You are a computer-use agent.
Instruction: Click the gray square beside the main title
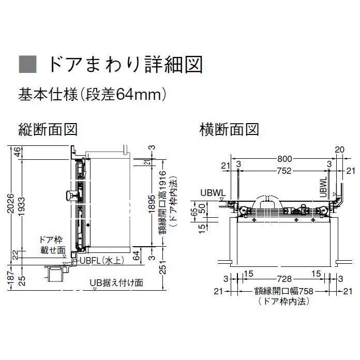(28, 64)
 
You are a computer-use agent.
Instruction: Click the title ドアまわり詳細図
(126, 64)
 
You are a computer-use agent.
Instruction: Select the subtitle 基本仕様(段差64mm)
(92, 95)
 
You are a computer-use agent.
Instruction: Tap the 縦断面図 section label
(48, 129)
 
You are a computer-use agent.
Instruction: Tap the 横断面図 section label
(229, 129)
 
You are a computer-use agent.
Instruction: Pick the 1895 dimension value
(152, 204)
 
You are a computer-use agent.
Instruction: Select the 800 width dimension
(284, 159)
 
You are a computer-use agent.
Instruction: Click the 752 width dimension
(284, 171)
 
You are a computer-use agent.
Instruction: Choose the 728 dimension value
(284, 279)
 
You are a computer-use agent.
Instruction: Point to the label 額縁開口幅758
(284, 291)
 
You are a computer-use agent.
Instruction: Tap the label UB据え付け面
(116, 282)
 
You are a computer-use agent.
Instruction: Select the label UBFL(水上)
(102, 261)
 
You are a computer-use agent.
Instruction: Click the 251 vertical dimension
(162, 267)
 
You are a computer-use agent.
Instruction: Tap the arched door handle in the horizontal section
(266, 201)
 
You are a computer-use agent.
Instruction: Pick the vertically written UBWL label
(323, 187)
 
